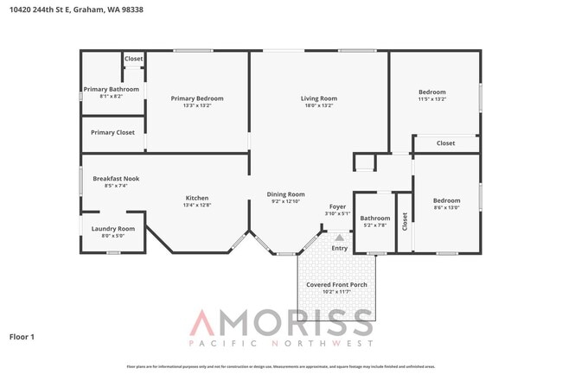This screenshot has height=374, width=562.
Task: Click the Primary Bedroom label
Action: click(197, 98)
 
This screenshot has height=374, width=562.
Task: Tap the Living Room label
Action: click(318, 98)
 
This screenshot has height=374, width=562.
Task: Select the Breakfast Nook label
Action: click(116, 178)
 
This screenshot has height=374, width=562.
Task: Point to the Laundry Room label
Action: click(113, 228)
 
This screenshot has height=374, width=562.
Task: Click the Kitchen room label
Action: click(197, 198)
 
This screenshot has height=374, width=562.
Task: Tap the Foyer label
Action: click(337, 206)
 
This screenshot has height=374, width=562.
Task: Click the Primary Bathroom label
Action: click(111, 89)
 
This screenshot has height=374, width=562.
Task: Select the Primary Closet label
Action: click(113, 132)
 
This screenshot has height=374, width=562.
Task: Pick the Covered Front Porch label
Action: click(336, 284)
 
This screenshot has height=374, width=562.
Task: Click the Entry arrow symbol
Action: click(339, 237)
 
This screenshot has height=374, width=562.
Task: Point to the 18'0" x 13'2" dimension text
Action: click(318, 105)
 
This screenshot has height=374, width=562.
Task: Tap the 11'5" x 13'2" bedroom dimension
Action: click(432, 98)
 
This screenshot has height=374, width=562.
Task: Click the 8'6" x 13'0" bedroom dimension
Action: click(446, 207)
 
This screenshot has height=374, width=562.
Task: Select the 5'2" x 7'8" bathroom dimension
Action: click(375, 225)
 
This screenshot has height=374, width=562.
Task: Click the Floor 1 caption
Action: click(22, 336)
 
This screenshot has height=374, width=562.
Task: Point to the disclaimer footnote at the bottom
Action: click(281, 367)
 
